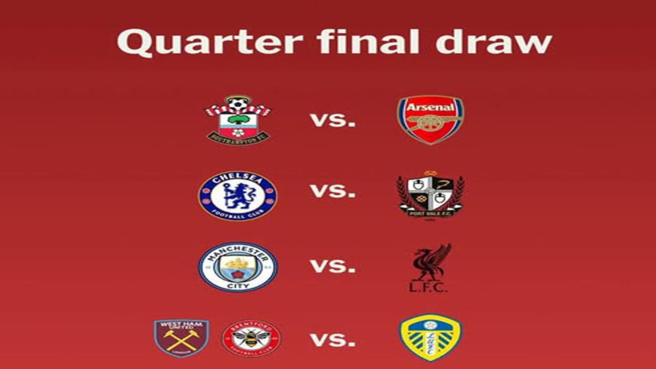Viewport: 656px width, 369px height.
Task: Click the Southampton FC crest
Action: click(238, 120)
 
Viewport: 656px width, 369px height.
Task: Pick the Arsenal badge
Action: click(430, 120)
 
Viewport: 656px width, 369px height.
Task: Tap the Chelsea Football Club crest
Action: click(238, 196)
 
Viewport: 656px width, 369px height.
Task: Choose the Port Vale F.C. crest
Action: click(430, 195)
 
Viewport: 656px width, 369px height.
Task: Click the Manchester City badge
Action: click(238, 267)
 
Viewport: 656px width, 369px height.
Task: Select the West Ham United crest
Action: click(181, 338)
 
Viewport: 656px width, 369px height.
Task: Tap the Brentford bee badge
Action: click(251, 338)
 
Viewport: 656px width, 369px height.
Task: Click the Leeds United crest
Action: click(430, 338)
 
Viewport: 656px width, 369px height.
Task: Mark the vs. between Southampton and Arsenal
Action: click(333, 120)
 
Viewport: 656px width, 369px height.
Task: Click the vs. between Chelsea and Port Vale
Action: click(333, 191)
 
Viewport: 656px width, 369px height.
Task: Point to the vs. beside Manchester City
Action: click(333, 266)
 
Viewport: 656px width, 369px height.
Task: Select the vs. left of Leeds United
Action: click(333, 341)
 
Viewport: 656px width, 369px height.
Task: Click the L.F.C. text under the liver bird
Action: click(428, 287)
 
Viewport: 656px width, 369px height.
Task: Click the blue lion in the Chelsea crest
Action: click(237, 195)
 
